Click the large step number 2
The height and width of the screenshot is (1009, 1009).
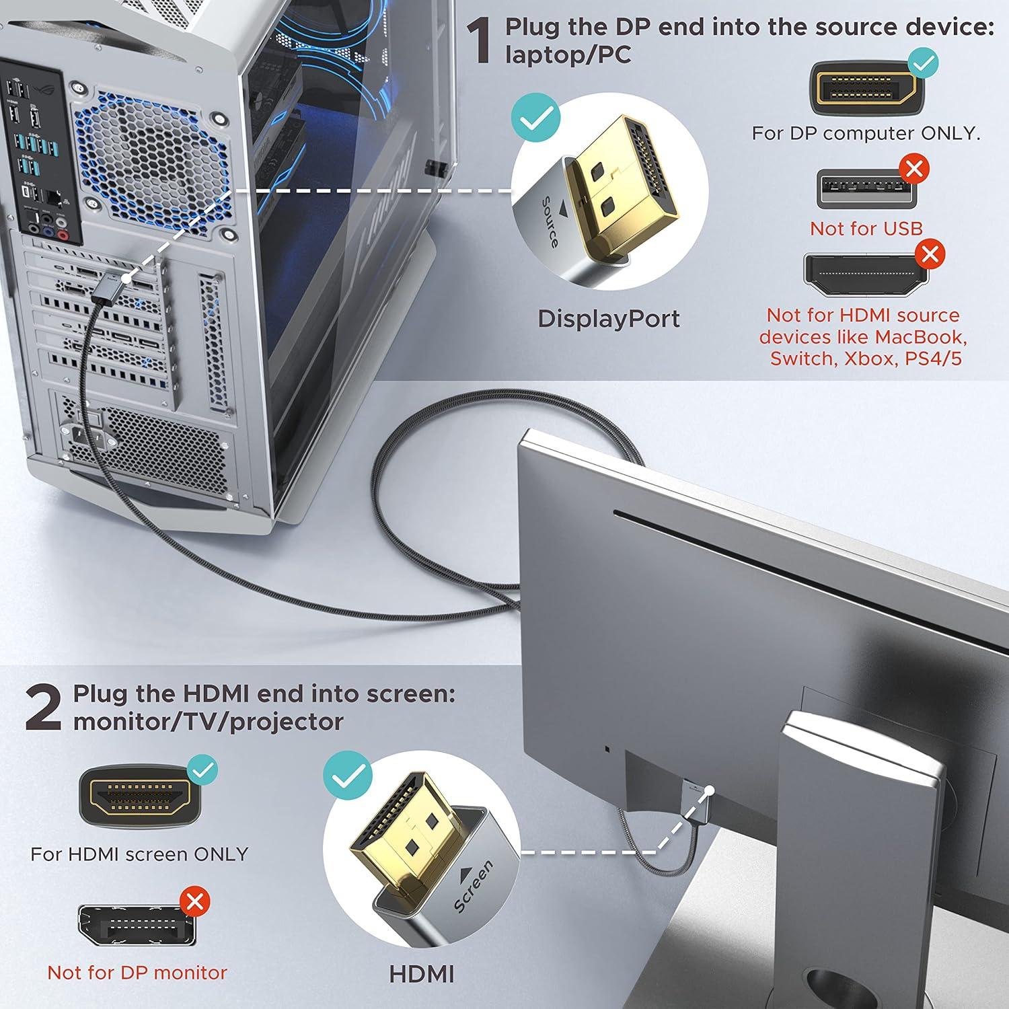[44, 708]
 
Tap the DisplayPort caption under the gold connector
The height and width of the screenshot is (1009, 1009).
[608, 319]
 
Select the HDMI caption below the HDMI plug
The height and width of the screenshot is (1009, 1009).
[422, 973]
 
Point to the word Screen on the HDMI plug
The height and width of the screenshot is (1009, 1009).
[474, 886]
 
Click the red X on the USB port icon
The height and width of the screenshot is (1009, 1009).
[913, 169]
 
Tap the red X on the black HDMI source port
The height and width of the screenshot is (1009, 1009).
[930, 254]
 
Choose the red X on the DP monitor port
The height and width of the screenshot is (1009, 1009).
[195, 901]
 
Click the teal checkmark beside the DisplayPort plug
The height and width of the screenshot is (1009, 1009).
[535, 118]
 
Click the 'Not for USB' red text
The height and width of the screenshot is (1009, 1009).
[866, 229]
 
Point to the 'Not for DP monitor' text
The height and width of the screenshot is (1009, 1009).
[137, 973]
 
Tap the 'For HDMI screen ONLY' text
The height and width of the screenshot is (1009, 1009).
[139, 854]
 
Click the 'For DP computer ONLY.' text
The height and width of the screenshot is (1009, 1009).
[866, 133]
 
